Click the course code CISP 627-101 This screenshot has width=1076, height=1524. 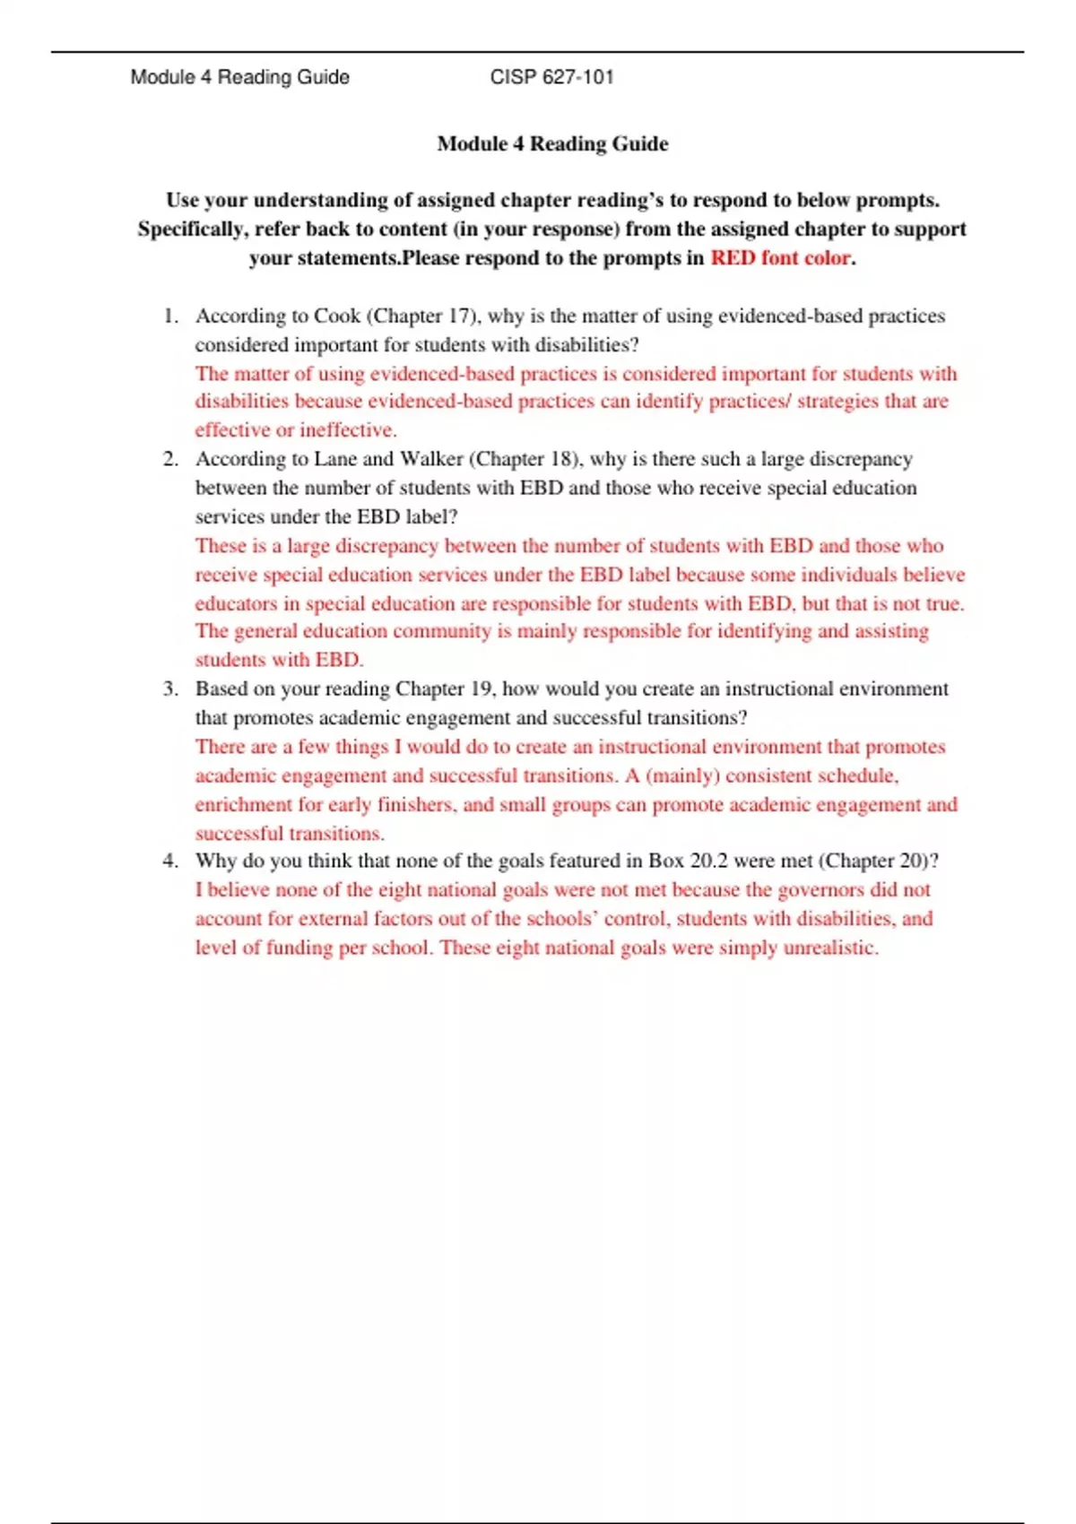(551, 77)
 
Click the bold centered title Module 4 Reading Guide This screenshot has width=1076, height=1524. (552, 143)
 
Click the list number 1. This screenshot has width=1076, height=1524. (170, 316)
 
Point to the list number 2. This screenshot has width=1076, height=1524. (170, 459)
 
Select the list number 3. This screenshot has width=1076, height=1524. (170, 688)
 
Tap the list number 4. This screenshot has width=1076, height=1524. (170, 861)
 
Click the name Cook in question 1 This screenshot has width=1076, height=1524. (336, 316)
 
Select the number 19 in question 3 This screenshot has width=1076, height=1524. (482, 688)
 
